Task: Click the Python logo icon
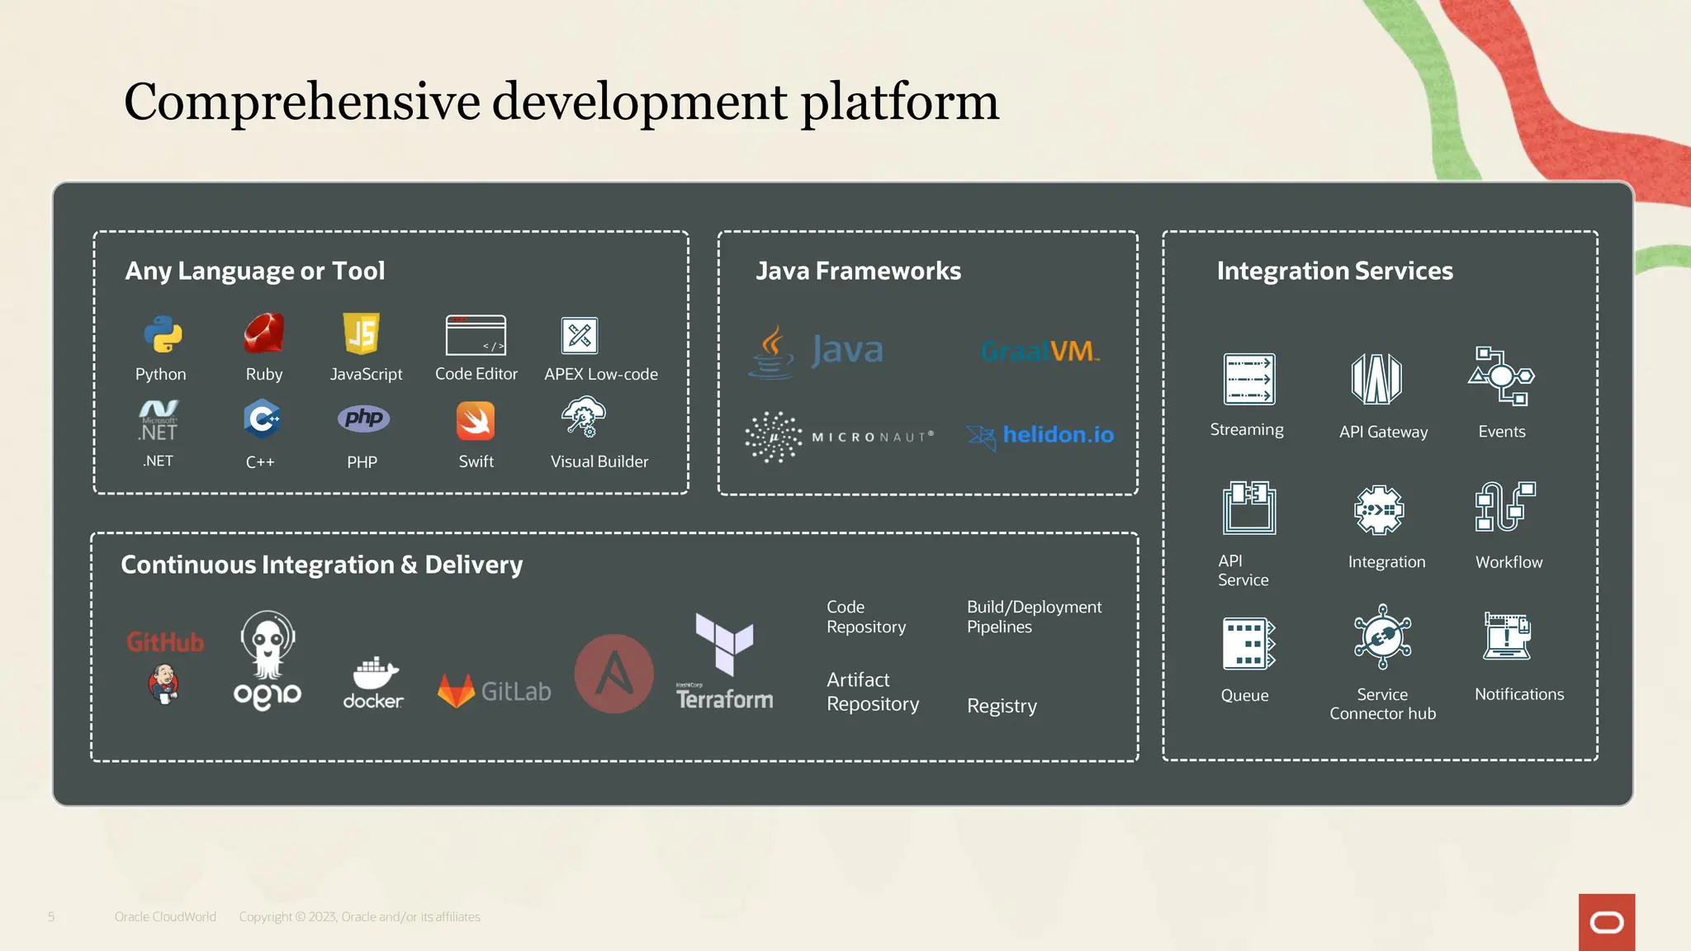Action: [x=162, y=334]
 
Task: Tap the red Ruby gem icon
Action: [x=264, y=334]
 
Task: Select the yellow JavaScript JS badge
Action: [x=362, y=334]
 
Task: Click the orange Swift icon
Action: [x=476, y=421]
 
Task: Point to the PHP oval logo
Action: [x=363, y=419]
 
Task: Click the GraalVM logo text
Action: [x=1040, y=352]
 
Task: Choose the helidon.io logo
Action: [x=1040, y=435]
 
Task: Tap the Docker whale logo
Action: [x=374, y=674]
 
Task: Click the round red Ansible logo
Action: [x=613, y=674]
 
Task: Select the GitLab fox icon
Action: [x=456, y=691]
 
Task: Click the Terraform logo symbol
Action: [x=724, y=643]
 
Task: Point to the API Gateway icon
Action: [x=1376, y=379]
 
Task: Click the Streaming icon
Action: [x=1248, y=379]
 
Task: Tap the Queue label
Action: [x=1244, y=695]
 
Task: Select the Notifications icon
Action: [x=1507, y=636]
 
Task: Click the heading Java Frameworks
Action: [x=858, y=271]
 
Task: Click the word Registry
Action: [x=1002, y=706]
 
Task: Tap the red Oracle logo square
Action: [x=1606, y=922]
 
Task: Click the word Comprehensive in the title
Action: [x=302, y=102]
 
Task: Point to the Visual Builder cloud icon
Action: [x=584, y=416]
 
